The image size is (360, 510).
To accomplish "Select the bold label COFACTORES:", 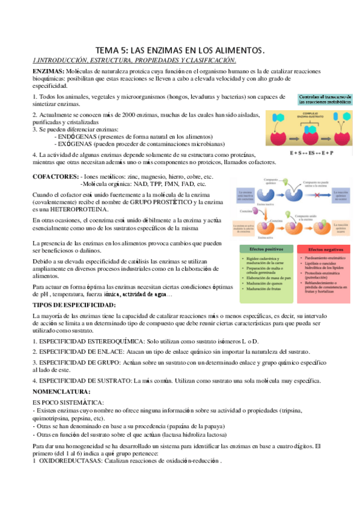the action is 55,176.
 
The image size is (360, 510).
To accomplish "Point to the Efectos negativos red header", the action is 325,248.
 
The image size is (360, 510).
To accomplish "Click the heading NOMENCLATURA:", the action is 62,391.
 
